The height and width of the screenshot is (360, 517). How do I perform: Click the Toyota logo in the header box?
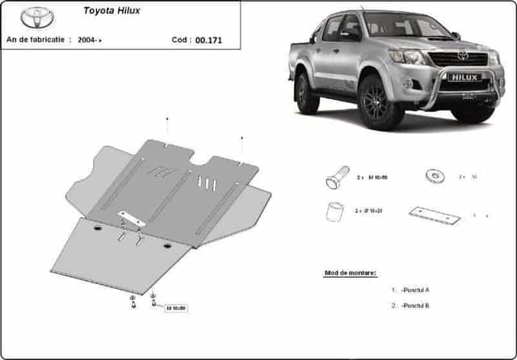pos(37,17)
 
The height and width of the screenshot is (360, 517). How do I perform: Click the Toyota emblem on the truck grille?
pos(462,55)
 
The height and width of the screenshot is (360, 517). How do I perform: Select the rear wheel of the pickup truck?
pos(306,92)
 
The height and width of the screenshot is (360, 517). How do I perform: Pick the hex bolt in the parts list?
pos(337,176)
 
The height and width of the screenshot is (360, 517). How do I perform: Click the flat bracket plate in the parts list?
pos(434,215)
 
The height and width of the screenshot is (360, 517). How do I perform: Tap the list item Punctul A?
pos(416,290)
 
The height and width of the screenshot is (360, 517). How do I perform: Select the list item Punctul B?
pos(416,306)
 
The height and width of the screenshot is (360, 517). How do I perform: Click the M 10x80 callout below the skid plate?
pos(175,308)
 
